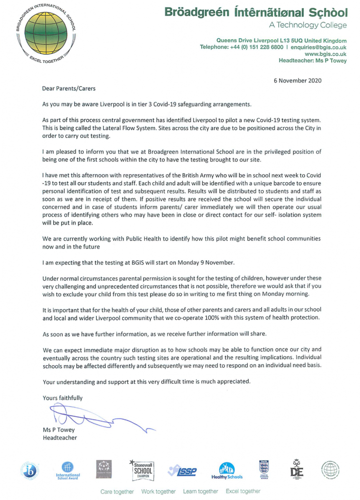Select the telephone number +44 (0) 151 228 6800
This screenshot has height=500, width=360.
point(256,47)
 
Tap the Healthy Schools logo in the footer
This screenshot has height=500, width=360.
point(227,471)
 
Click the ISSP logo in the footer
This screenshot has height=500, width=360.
point(182,471)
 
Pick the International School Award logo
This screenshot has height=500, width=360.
point(68,471)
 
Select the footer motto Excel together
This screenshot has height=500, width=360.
point(243,491)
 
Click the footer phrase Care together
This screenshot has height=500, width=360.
point(117,491)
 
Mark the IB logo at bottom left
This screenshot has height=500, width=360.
point(29,471)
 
